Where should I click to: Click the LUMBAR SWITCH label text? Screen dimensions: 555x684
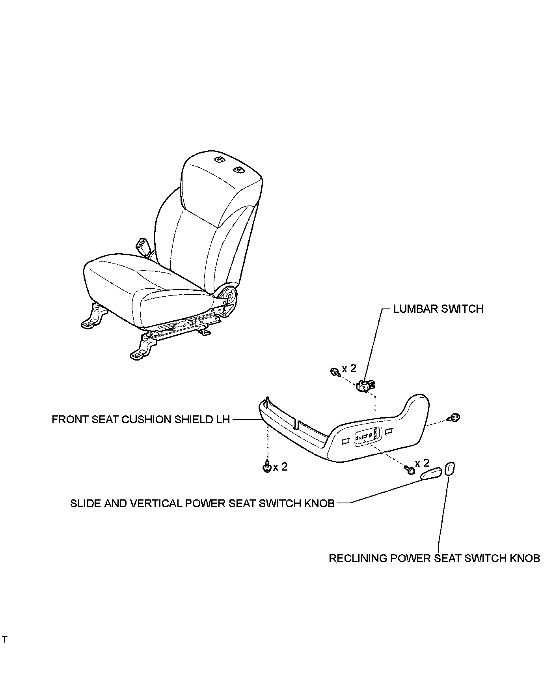438,308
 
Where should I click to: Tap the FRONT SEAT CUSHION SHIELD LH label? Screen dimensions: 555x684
141,419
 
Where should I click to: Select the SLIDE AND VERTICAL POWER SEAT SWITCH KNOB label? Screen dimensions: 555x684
202,503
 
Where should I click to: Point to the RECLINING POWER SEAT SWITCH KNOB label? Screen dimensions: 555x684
434,558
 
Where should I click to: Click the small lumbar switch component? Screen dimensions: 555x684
365,385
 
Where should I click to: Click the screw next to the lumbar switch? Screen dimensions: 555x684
335,371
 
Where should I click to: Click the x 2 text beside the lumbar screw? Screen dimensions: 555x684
349,368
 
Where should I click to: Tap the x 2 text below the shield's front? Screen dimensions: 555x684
280,467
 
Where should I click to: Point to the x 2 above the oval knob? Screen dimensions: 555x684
422,463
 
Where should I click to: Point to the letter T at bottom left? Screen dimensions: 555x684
4,639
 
